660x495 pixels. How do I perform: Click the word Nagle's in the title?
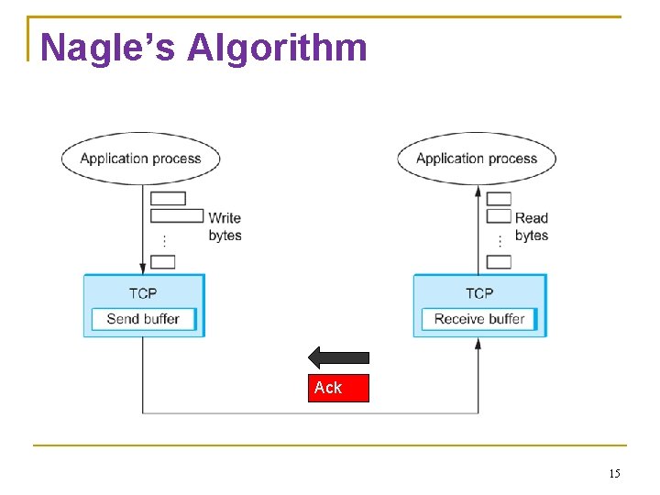(x=107, y=48)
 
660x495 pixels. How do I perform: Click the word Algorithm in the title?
(x=277, y=49)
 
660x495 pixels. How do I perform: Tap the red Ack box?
(x=338, y=388)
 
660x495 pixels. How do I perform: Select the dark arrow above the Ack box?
(x=338, y=357)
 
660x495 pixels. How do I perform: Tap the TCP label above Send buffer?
(x=143, y=293)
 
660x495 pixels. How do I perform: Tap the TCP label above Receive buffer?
(x=479, y=293)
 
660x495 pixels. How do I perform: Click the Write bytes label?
(x=225, y=226)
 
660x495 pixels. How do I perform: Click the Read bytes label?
(x=532, y=226)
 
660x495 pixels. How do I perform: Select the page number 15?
(x=614, y=474)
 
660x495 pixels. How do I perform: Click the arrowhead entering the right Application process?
(x=478, y=192)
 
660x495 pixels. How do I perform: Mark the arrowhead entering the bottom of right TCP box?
(x=478, y=344)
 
